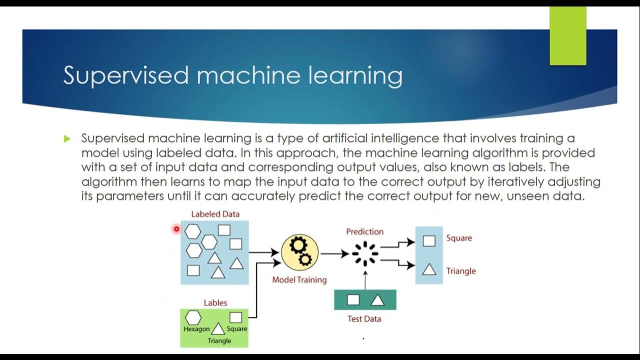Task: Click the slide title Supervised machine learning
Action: coord(232,75)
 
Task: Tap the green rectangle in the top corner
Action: coord(567,36)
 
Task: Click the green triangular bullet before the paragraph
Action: coord(67,139)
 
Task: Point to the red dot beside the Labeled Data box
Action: coord(176,229)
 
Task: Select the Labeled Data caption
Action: coord(215,214)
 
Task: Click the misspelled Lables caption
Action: coord(215,302)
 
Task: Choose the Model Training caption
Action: coord(299,280)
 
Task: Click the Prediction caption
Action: coord(364,231)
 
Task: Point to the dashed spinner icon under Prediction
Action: coord(365,253)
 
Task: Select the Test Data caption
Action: coord(364,318)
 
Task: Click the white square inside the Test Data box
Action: coord(353,300)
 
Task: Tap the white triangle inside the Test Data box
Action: coord(377,300)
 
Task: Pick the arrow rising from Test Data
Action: coord(365,280)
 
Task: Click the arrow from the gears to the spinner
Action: coord(334,254)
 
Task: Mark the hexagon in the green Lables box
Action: coord(193,317)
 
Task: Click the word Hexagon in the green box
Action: coord(196,329)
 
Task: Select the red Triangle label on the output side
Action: coord(461,271)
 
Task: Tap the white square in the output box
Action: coord(428,241)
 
